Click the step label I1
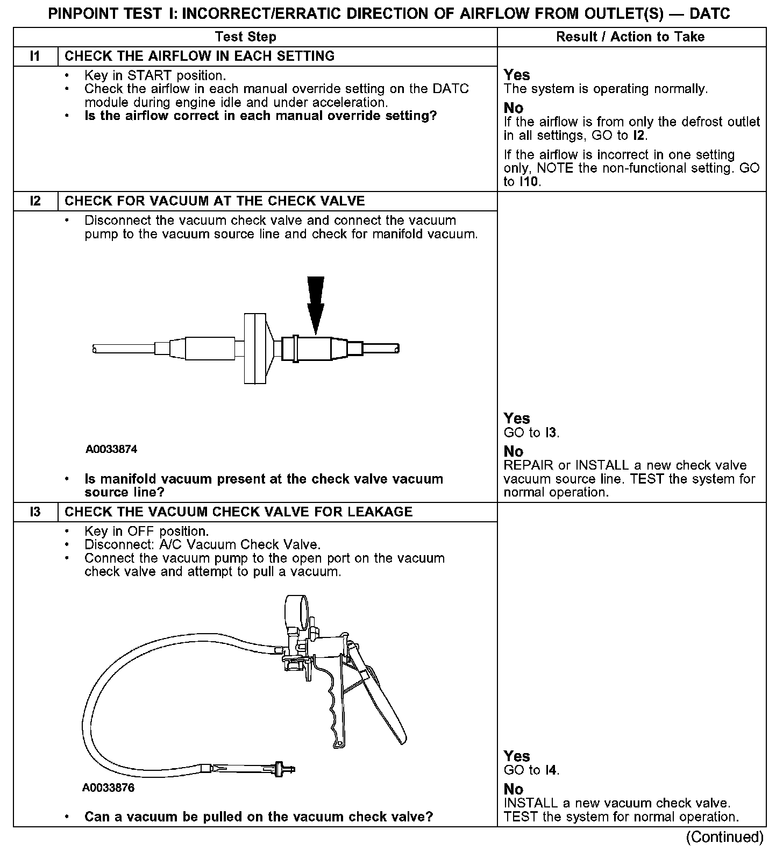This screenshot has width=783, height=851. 35,56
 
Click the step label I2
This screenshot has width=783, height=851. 35,201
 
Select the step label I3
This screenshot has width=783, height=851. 35,512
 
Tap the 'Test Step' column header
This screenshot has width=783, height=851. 245,37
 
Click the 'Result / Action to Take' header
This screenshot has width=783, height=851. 630,37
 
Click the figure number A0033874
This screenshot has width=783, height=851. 111,449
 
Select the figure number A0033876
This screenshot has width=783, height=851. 108,788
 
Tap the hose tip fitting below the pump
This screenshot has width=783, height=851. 280,769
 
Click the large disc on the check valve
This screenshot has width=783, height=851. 255,348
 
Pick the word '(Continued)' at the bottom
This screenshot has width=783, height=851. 724,837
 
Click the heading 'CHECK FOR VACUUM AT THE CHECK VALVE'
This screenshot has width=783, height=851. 215,201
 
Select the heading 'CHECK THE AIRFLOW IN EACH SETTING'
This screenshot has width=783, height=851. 200,56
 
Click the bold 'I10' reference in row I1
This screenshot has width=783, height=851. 529,182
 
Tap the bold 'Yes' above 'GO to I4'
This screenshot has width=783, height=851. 516,756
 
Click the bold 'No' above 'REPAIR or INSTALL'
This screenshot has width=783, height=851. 513,451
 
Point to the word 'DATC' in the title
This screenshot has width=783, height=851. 709,14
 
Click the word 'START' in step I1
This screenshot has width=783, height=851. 150,75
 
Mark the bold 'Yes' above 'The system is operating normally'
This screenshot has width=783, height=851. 516,75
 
